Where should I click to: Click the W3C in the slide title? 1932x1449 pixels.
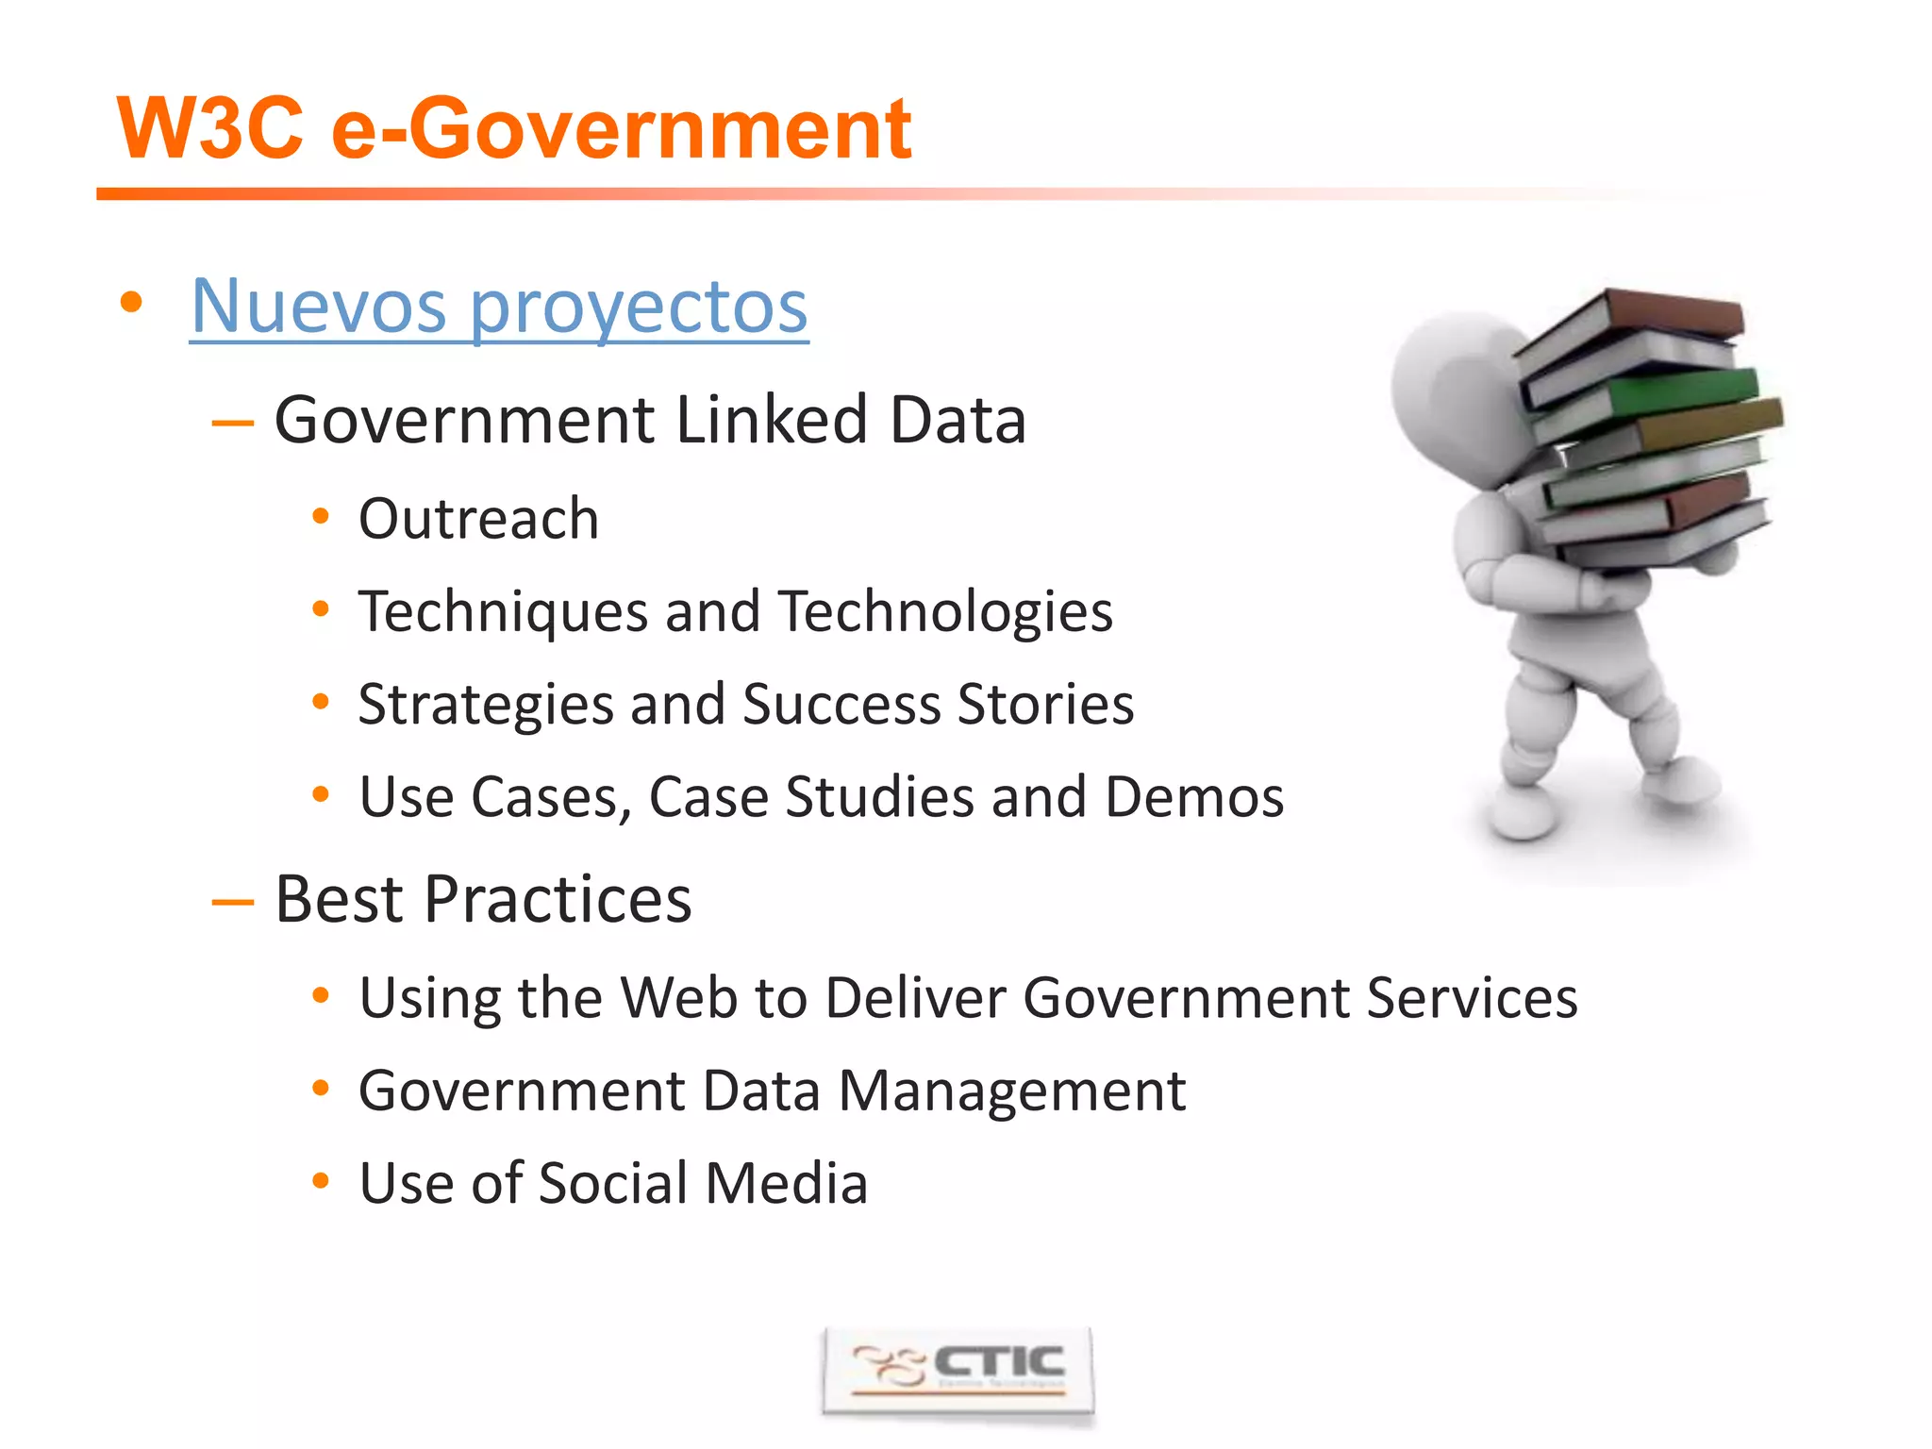coord(210,129)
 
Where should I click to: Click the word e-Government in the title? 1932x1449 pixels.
coord(621,129)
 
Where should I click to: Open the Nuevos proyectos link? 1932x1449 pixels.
coord(499,307)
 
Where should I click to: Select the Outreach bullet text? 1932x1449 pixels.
coord(478,519)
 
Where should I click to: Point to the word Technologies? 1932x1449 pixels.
coord(946,612)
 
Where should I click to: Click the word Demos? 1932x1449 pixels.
coord(1194,797)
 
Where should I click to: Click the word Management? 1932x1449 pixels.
coord(1011,1091)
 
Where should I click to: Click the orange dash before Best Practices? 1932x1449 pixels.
coord(233,902)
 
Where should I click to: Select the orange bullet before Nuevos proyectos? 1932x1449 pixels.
coord(131,304)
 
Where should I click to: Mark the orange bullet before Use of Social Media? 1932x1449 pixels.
coord(321,1181)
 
